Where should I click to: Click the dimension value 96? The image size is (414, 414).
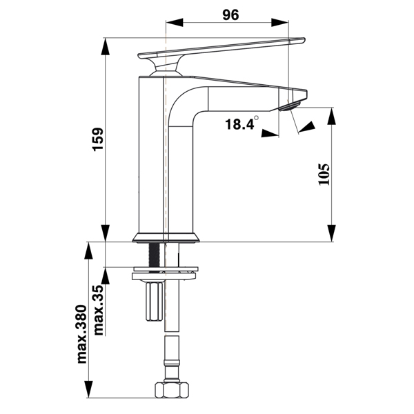click(230, 14)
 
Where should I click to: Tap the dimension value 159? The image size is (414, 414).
click(98, 139)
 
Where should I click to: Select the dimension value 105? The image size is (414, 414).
click(324, 175)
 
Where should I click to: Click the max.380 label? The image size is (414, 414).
click(81, 334)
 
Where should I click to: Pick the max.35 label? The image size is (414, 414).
click(99, 310)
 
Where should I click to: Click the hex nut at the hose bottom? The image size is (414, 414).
click(172, 390)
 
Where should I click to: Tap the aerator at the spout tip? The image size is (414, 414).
click(289, 106)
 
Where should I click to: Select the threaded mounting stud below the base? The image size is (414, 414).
click(154, 255)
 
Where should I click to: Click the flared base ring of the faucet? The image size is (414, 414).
click(166, 237)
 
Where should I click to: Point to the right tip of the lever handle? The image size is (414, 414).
click(305, 39)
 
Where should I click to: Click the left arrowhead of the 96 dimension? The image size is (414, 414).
click(175, 23)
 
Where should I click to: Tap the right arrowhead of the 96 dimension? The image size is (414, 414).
click(279, 23)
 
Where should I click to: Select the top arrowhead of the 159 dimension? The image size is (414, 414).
click(106, 47)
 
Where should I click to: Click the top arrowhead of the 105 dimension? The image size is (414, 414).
click(331, 116)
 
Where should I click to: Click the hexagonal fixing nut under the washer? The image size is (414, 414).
click(154, 301)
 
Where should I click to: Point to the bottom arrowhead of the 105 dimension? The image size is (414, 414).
click(331, 233)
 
